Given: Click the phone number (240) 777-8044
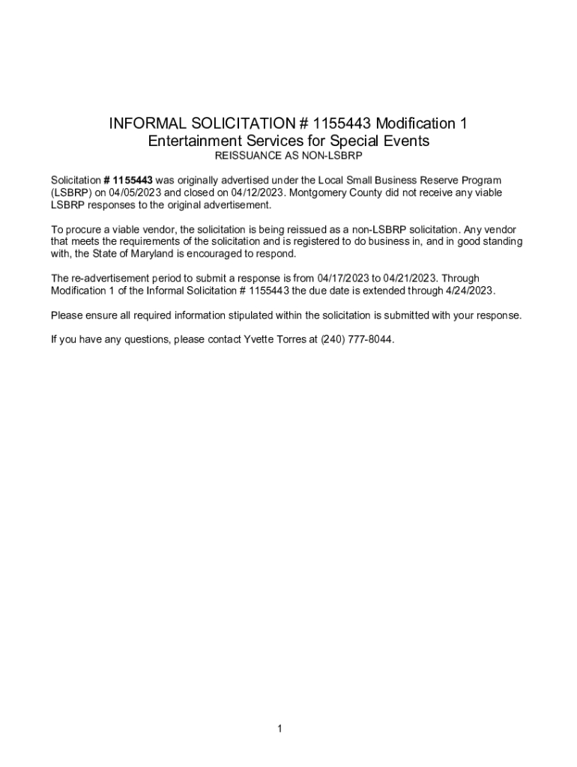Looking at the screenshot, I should coord(357,339).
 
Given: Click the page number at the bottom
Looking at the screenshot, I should coord(279,728).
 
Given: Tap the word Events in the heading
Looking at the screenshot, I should coord(402,141).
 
